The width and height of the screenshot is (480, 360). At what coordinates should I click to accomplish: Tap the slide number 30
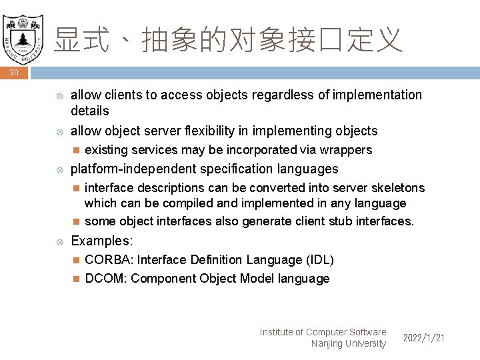coord(14,73)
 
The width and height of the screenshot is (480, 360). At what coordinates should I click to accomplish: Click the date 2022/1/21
coord(424,338)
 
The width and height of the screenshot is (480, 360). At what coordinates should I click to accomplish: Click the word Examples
coord(101,241)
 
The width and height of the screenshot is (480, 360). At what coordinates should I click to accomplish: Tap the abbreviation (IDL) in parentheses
coord(319,260)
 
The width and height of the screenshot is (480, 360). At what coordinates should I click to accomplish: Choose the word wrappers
coord(346,150)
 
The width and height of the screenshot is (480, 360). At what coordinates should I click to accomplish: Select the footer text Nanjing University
coord(348,344)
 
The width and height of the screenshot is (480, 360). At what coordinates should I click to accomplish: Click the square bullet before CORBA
coord(75,260)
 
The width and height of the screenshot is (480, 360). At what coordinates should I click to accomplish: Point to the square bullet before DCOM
coord(75,279)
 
